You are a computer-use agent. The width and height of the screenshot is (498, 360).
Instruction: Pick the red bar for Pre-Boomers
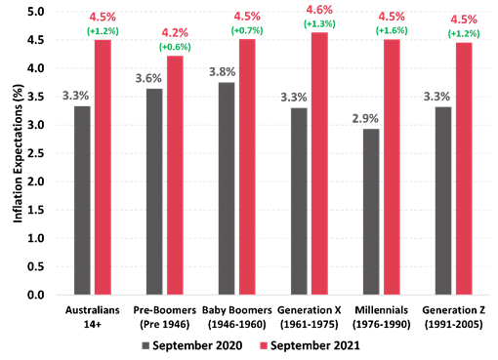[175, 175]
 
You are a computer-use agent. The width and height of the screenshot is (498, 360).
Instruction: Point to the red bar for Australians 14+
[103, 166]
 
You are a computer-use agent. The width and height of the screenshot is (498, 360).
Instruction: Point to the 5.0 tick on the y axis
[35, 12]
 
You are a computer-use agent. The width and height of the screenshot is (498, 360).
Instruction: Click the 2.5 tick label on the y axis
[35, 153]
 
